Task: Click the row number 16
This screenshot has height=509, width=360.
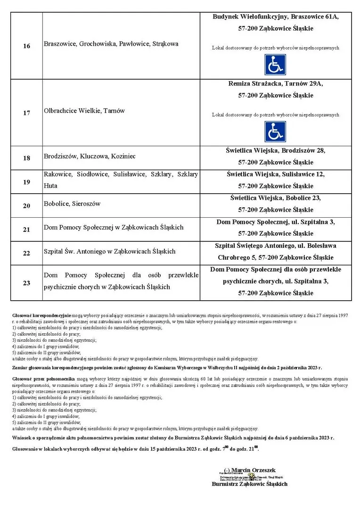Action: pos(26,46)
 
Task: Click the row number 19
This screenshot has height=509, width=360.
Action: pos(26,181)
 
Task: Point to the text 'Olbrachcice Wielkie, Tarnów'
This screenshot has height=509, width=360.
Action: pos(84,111)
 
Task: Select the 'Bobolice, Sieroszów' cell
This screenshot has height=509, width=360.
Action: pos(72,204)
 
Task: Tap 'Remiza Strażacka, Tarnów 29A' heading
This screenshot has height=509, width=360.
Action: pos(276,83)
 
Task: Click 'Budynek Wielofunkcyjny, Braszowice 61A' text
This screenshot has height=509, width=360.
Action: pos(276,16)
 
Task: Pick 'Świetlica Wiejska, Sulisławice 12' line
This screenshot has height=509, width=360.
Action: pos(276,174)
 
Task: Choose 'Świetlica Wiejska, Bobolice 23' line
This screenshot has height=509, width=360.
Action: pos(276,197)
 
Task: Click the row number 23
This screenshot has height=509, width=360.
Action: pos(26,283)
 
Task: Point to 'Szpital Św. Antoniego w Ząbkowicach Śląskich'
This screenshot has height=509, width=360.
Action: pos(109,251)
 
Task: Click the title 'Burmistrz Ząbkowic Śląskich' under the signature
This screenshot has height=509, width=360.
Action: pos(250,484)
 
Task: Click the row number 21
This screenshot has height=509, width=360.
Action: pos(26,230)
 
